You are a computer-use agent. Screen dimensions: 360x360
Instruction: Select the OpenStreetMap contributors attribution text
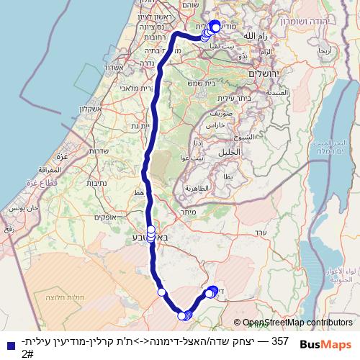297,323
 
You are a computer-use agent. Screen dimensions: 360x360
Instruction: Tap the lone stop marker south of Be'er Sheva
162,292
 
